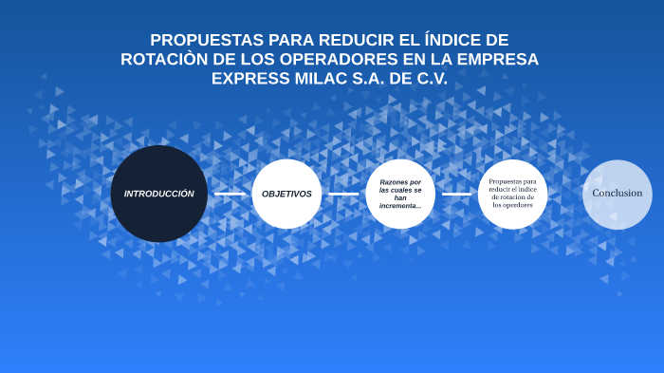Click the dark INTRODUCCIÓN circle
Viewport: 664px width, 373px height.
158,194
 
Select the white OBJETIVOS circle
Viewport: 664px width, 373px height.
286,194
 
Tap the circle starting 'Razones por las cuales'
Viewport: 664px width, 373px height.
399,194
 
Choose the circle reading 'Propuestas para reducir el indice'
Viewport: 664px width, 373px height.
512,194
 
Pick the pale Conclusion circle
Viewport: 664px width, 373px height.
617,194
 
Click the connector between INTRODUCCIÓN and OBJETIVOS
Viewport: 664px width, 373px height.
230,194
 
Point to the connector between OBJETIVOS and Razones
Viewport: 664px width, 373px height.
343,194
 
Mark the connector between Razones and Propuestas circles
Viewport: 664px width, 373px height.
456,194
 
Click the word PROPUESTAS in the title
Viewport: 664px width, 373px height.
207,40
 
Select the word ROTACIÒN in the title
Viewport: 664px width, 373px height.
164,59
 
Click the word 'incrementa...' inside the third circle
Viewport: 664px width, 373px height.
399,206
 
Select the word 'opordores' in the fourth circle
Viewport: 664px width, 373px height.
518,205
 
